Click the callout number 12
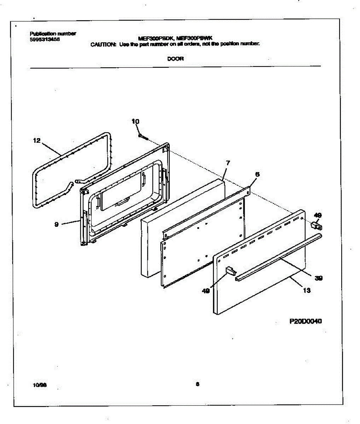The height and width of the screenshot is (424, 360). point(37,141)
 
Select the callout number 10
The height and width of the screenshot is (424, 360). point(135,122)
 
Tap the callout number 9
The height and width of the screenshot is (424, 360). point(57,224)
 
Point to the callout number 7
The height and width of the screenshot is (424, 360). point(228,163)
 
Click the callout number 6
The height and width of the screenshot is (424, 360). point(257,174)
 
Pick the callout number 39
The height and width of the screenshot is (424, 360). point(318,278)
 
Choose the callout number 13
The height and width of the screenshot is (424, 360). point(307,290)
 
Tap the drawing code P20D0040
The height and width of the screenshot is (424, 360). point(306,322)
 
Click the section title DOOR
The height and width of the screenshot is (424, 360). point(175,59)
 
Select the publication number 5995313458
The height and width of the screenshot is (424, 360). point(45,40)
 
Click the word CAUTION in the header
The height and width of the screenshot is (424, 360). point(103,45)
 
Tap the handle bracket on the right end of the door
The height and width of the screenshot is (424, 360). point(316,225)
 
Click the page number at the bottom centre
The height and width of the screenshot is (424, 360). point(197,384)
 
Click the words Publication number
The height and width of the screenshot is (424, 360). point(53,34)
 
